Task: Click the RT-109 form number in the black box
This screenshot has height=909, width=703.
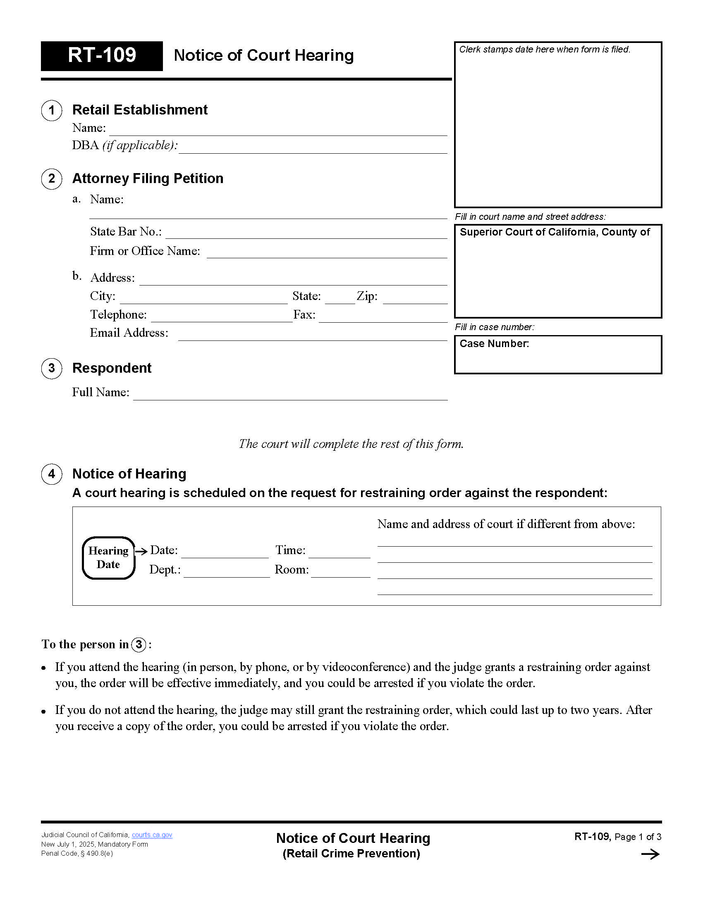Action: [102, 55]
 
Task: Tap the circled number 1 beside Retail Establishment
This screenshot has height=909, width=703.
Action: [52, 110]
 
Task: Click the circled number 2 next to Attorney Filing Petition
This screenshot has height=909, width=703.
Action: [52, 179]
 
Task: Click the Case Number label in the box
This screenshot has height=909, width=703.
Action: [494, 344]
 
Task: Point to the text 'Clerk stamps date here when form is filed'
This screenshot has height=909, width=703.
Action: [544, 50]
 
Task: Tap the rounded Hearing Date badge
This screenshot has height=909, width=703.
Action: [108, 558]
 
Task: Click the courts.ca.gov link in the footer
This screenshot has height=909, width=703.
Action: [152, 835]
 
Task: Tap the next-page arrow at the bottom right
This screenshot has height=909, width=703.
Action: [650, 854]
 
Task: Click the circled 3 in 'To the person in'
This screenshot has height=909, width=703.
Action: [139, 645]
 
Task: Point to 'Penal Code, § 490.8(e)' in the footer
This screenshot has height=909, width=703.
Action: [77, 854]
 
